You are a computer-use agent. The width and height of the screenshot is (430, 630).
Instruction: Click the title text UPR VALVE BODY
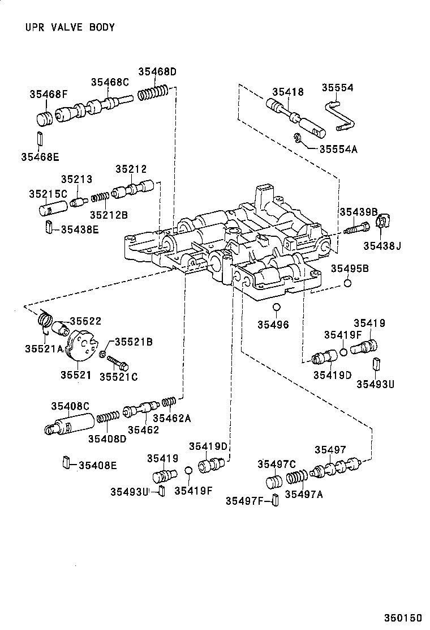coord(70,27)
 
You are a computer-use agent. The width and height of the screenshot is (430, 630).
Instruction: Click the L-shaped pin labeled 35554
coord(339,116)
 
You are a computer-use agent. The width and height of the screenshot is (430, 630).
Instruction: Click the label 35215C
coord(48,194)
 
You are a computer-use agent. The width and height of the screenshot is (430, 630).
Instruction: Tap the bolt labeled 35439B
coord(356,229)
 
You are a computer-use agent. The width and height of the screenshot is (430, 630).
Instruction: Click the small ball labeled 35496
coord(276,308)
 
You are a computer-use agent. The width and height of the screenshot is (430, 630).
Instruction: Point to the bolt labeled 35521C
coord(118,363)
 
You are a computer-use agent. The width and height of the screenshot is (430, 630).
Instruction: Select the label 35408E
coord(97,465)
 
